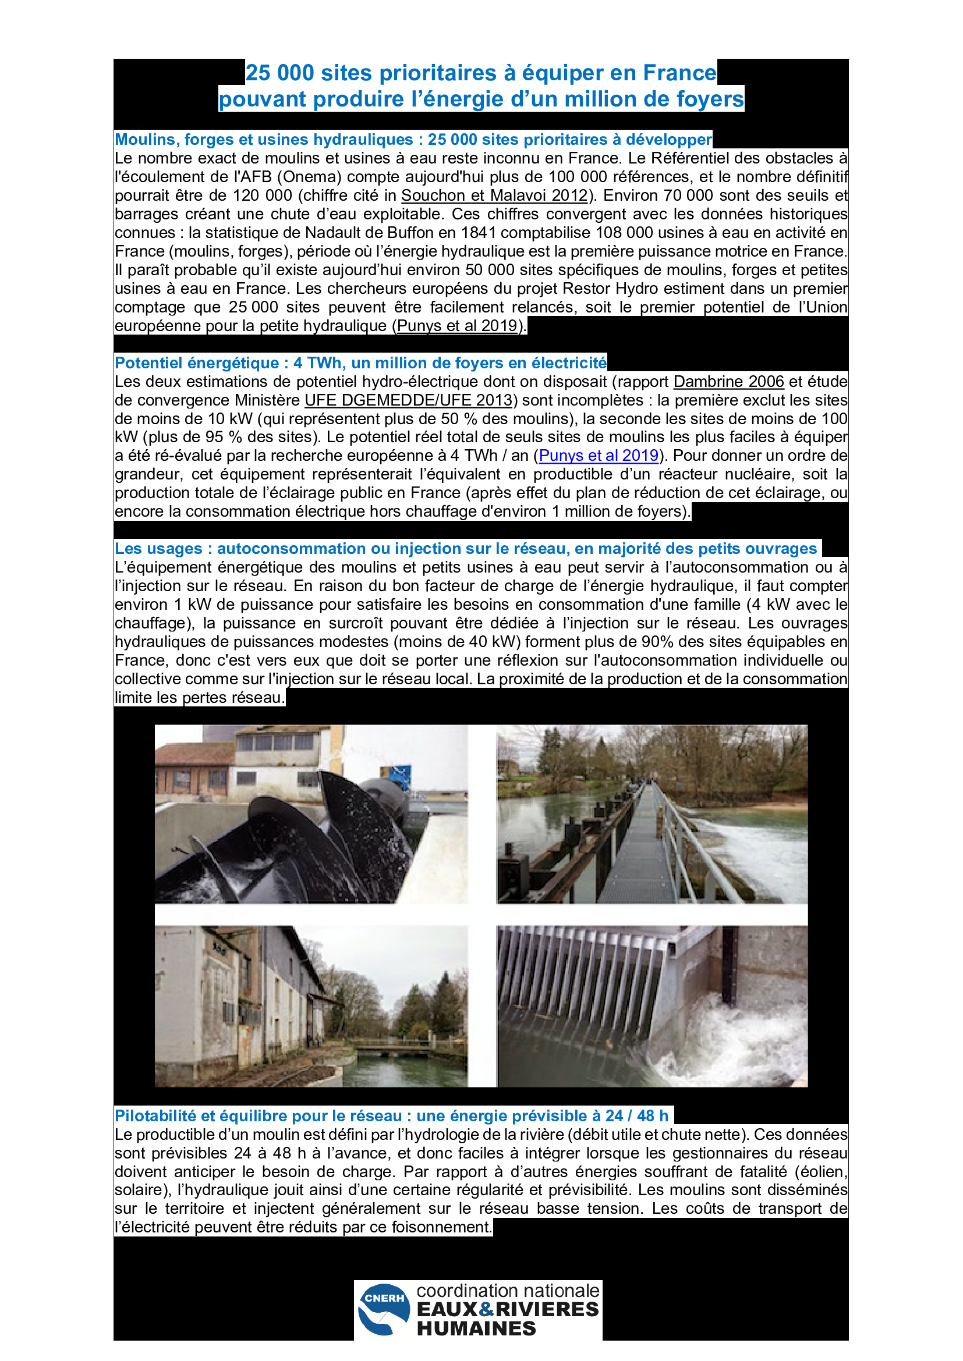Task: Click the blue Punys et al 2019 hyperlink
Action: (599, 455)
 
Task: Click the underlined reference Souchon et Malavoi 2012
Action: (494, 196)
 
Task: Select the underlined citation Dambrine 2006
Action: (728, 381)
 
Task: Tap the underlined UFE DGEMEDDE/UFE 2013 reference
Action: (408, 400)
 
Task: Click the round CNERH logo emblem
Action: (384, 1309)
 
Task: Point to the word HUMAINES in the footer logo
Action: (476, 1328)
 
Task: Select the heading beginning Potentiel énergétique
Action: (360, 363)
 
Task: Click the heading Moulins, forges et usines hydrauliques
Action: (413, 139)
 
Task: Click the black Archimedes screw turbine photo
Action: (311, 814)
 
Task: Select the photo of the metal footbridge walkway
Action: (652, 814)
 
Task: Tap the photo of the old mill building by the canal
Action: (311, 1006)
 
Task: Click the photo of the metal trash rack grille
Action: (652, 1006)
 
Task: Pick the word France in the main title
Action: (679, 73)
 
